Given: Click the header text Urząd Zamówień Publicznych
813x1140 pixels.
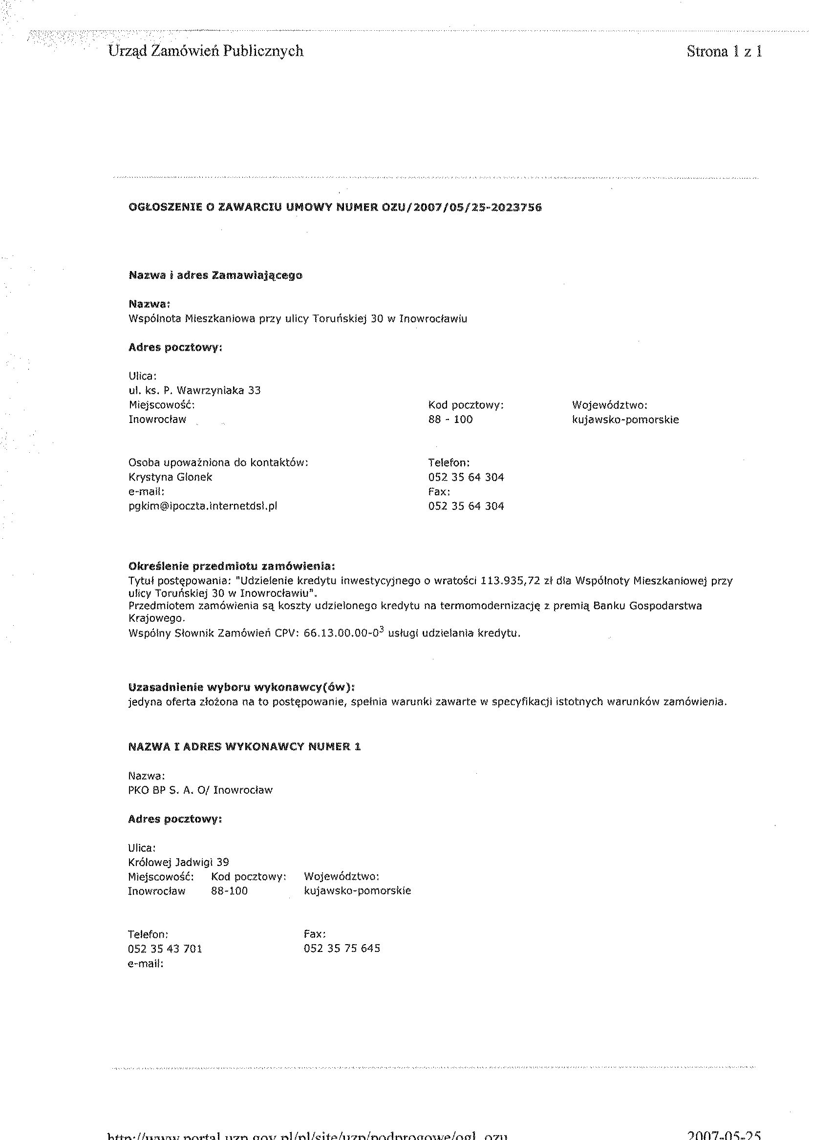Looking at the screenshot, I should [x=206, y=51].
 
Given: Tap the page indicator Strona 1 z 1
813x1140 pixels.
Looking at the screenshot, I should [x=724, y=51].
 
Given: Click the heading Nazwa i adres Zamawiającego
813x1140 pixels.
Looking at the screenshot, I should [x=215, y=275].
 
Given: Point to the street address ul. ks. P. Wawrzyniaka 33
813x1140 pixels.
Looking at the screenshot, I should [x=195, y=390].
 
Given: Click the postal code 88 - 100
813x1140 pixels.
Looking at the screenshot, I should [x=450, y=420].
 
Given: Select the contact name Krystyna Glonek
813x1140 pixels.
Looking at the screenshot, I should [x=170, y=477].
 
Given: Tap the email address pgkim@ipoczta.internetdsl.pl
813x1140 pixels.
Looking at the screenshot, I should [x=203, y=506].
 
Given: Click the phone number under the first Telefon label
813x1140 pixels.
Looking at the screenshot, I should [x=466, y=477].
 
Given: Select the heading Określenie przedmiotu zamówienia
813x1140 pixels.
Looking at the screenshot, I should [x=231, y=567].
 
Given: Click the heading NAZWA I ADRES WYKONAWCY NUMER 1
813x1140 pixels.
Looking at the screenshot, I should [x=244, y=747].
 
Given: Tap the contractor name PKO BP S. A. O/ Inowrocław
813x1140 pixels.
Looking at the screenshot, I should [x=200, y=790].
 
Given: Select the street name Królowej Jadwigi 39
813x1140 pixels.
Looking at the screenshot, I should [x=179, y=862].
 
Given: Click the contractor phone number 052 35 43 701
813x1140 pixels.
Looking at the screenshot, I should [x=165, y=949].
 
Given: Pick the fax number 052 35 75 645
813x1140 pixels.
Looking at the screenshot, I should [x=342, y=949].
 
